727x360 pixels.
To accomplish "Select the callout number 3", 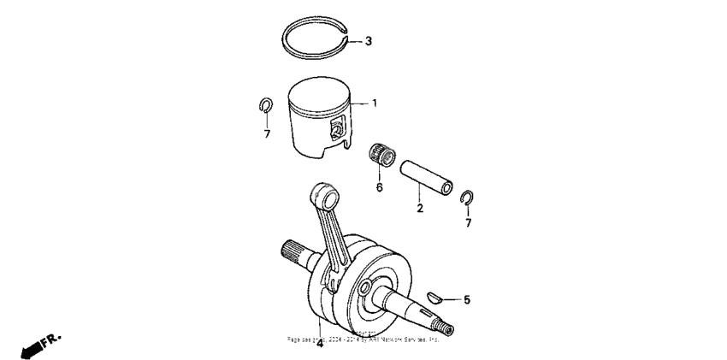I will [x=369, y=41].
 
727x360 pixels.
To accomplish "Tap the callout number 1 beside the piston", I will [x=374, y=103].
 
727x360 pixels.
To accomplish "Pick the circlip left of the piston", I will [x=266, y=106].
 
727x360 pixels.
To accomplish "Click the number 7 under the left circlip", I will [x=267, y=134].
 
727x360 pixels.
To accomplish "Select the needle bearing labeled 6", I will [x=381, y=156].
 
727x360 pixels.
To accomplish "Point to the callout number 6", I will [x=379, y=187].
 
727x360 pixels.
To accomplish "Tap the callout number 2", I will [x=419, y=209].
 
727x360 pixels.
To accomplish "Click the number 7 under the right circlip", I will [x=468, y=224].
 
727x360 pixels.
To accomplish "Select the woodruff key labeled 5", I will [x=435, y=298].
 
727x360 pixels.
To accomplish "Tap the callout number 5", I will [x=466, y=300].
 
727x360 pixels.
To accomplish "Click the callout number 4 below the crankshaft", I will [x=319, y=345].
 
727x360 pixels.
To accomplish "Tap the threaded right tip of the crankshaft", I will [x=447, y=326].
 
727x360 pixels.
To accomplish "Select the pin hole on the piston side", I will [x=336, y=130].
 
